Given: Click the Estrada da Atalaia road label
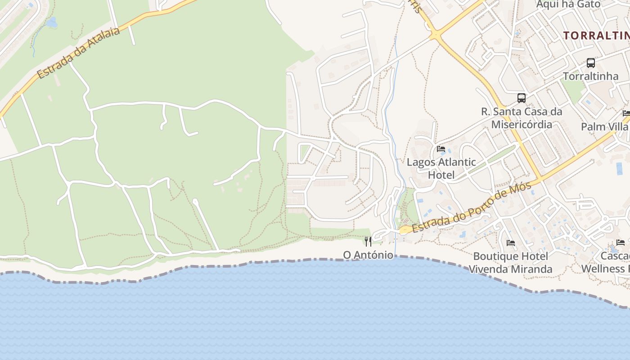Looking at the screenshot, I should point(79,53).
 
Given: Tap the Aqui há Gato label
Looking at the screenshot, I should point(568,4).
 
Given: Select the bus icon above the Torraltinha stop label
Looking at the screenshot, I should point(591,63).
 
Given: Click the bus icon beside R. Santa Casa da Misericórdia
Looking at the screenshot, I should point(521,98).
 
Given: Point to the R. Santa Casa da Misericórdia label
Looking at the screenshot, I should point(522,117).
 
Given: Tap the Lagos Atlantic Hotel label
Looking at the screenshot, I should point(441,168).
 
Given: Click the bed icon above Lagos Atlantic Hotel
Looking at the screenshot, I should point(441,148).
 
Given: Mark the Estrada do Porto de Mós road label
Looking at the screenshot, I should point(472,207).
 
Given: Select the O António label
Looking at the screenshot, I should point(368,255).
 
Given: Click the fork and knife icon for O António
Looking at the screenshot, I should point(368,242).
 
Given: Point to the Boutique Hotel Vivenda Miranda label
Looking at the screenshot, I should point(511,262).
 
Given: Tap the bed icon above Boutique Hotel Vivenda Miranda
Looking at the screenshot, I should point(511,243).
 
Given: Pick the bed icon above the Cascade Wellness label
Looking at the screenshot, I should point(621,242).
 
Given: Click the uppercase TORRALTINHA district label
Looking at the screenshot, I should point(596,36).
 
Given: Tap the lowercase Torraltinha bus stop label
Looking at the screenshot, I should point(591,76).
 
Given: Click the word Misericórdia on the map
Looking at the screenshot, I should point(522,124).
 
